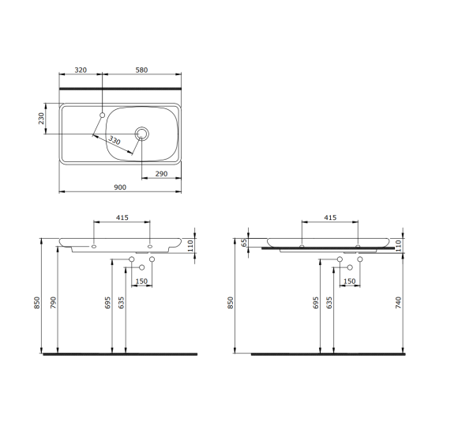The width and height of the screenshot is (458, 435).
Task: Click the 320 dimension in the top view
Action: (x=81, y=70)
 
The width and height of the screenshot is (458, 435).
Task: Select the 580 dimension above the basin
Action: (x=141, y=70)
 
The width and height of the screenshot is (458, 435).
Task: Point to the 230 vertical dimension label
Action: (x=42, y=119)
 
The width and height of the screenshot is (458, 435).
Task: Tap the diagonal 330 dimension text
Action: (x=116, y=142)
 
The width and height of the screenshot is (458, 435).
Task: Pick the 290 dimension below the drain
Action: (x=160, y=173)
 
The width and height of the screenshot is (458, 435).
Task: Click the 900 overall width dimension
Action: (x=120, y=187)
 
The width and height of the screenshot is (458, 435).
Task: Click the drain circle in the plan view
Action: (x=142, y=133)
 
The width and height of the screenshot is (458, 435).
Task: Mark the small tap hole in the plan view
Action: (x=103, y=115)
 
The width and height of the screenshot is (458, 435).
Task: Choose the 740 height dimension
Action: (x=400, y=301)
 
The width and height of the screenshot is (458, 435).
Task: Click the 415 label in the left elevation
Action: (x=122, y=217)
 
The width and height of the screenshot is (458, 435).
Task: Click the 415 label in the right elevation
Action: (x=330, y=217)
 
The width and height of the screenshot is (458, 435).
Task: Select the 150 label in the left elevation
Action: (x=141, y=281)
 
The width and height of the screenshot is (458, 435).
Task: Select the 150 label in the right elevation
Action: (x=350, y=281)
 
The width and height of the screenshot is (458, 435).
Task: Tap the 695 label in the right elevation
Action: (x=316, y=303)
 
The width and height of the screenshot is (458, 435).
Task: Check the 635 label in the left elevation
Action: (x=122, y=303)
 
